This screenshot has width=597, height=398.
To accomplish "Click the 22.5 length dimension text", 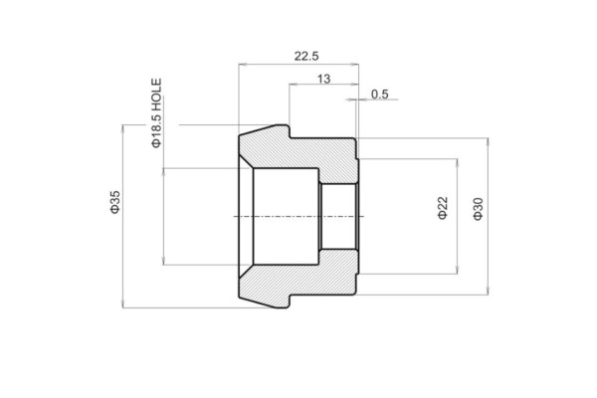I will (305, 57).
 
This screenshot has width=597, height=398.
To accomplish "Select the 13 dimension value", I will (324, 78).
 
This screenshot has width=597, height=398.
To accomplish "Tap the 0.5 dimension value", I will (379, 95).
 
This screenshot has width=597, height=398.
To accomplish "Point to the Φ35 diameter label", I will (114, 202).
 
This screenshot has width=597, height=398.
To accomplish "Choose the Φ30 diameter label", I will (479, 209).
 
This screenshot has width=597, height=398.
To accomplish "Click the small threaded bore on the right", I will (338, 216).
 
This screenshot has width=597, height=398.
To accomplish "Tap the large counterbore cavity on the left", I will (285, 216).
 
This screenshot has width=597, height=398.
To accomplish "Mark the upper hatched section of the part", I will (298, 155).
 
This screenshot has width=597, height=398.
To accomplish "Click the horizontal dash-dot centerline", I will (298, 216).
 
